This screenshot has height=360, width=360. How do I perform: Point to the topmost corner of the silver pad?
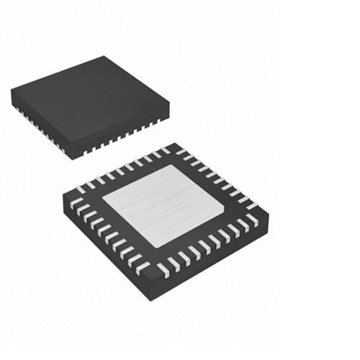point(172,166)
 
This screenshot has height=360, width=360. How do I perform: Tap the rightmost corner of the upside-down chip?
point(269,213)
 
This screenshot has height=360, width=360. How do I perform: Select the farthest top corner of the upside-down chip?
point(174,143)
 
